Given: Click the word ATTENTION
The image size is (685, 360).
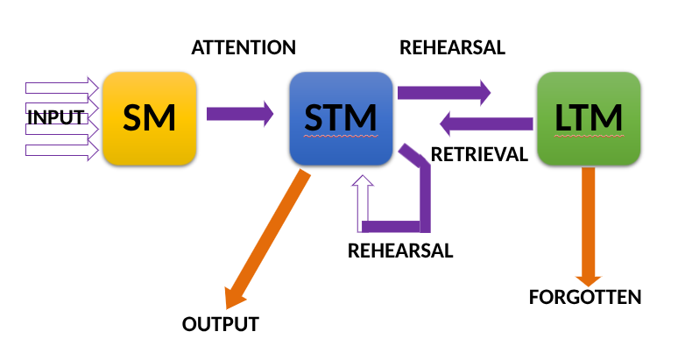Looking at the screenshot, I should [244, 47].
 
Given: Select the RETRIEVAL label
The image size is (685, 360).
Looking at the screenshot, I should [479, 155].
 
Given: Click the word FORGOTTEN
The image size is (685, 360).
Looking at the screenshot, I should [585, 297].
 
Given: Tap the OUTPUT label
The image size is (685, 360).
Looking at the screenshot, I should [221, 324].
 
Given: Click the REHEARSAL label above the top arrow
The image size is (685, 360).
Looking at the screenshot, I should [452, 47].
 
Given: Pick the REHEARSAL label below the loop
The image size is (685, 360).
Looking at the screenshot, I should [400, 251].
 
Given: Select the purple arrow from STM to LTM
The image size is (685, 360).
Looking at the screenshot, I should [443, 91].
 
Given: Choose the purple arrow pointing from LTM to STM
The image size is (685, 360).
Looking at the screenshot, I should [486, 124].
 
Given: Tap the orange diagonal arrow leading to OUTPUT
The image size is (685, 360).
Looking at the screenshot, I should [267, 240].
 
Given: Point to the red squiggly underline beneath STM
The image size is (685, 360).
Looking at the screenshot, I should [341, 138].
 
